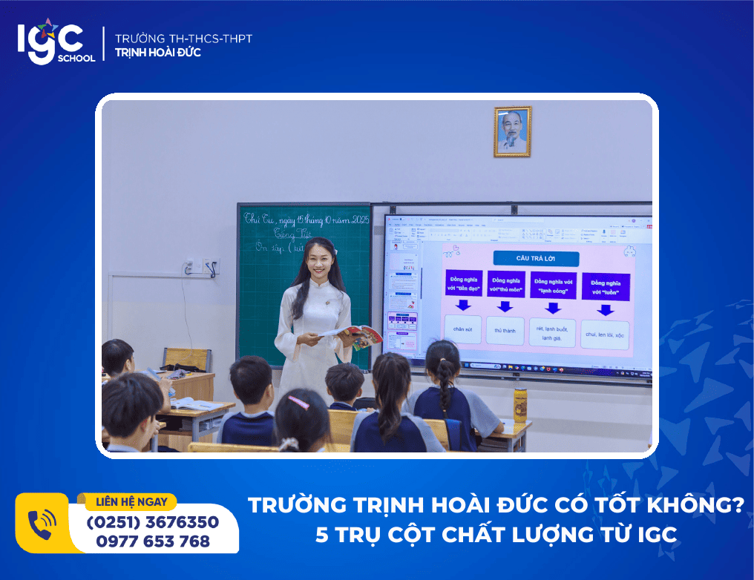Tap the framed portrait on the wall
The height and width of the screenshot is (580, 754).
[x=512, y=131]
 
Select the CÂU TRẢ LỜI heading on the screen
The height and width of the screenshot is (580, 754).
[x=537, y=259]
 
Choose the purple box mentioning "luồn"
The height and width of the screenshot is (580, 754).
[x=606, y=286]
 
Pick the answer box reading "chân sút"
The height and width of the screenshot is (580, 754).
[x=463, y=329]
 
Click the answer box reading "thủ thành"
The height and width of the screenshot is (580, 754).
[x=505, y=331]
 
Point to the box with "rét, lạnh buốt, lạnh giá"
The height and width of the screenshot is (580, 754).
[x=553, y=332]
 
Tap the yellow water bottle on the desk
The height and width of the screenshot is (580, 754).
[x=520, y=406]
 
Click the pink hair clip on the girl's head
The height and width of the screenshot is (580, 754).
[x=298, y=402]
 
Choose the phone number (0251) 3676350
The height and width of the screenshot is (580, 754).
[x=153, y=522]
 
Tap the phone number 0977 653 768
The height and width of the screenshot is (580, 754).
[x=153, y=541]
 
